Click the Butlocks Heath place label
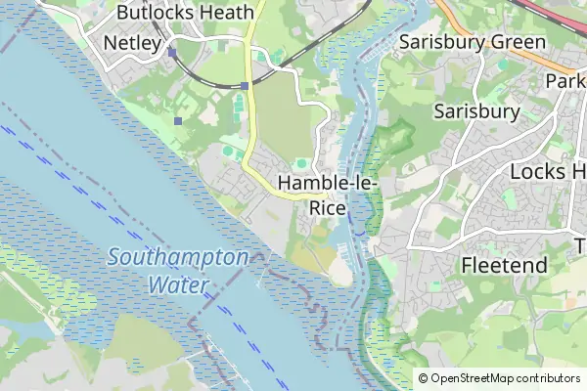click(x=185, y=13)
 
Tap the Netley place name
click(x=131, y=43)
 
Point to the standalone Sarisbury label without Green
click(x=476, y=110)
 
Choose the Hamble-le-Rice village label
click(x=327, y=195)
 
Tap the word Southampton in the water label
click(x=177, y=259)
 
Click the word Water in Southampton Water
click(x=178, y=285)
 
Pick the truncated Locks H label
click(x=548, y=171)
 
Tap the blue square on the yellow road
click(x=245, y=86)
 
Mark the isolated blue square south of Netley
click(x=177, y=121)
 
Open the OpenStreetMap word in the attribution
click(x=474, y=378)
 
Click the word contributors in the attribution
click(x=549, y=378)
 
